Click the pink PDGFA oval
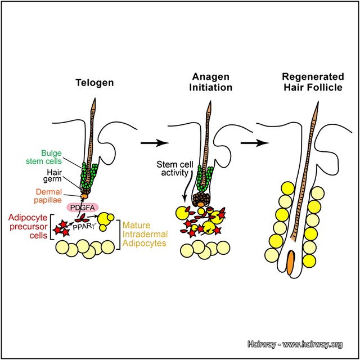[x=83, y=207]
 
